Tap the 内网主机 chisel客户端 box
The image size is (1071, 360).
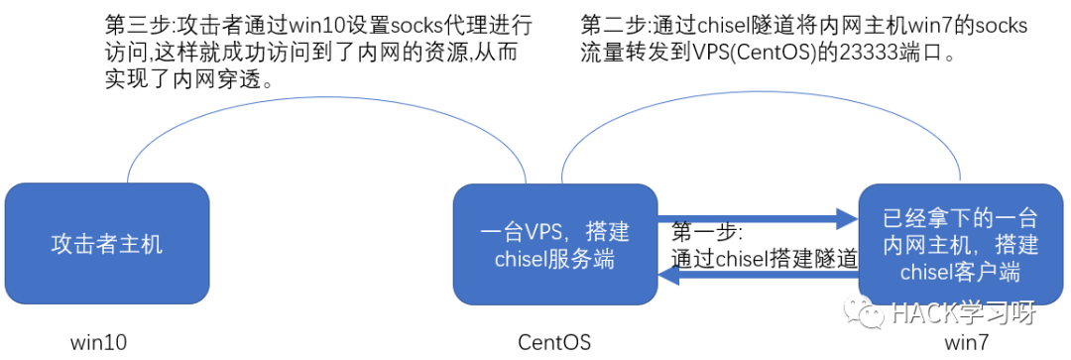coord(960,244)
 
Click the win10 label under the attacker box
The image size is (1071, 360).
coord(99,341)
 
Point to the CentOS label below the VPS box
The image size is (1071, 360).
coord(554,341)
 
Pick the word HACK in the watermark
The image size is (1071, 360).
coord(915,312)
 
